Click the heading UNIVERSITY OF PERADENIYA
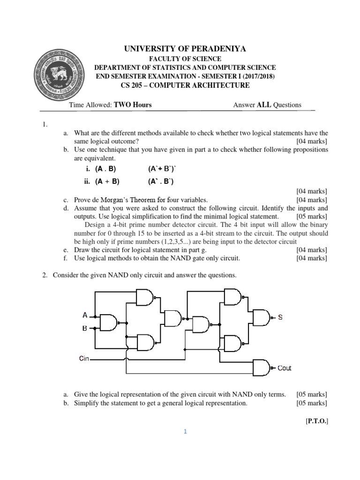(185, 49)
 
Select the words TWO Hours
(133, 105)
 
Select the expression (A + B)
(107, 181)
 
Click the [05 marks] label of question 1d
(312, 217)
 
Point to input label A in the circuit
(85, 315)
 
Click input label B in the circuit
(85, 328)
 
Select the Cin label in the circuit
(84, 359)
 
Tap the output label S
(280, 317)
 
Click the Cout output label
(284, 368)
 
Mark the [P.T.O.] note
(316, 421)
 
